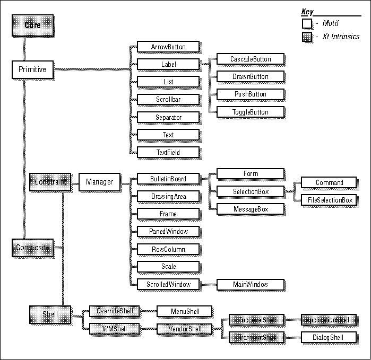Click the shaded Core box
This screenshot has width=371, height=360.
32,25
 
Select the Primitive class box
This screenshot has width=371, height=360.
32,69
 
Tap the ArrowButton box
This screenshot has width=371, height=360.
168,47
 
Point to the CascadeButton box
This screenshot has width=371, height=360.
251,58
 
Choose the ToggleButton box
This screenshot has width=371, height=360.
251,112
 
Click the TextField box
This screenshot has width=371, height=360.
168,152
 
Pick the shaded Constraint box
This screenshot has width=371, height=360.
50,182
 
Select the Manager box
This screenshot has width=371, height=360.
99,182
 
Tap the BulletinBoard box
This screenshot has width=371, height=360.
168,179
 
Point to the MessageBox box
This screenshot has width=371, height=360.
251,209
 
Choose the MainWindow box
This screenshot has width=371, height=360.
251,284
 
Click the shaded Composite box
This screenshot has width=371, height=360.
32,248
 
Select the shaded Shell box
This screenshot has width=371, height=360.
49,314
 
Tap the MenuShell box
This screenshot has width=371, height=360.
185,311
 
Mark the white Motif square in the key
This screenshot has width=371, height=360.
307,23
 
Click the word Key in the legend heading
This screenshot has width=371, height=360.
307,12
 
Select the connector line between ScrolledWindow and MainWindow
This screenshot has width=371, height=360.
208,284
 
